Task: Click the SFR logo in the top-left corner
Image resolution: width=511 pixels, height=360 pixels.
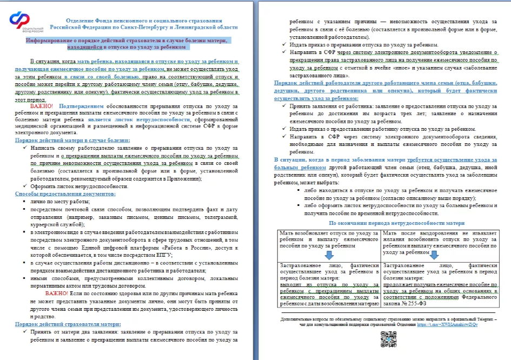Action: (19, 23)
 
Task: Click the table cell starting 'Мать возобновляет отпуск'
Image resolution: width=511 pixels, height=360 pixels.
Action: (328, 239)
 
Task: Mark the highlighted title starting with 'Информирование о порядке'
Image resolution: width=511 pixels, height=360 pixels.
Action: (127, 43)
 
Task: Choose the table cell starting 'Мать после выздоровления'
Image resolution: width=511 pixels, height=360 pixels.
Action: (439, 241)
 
